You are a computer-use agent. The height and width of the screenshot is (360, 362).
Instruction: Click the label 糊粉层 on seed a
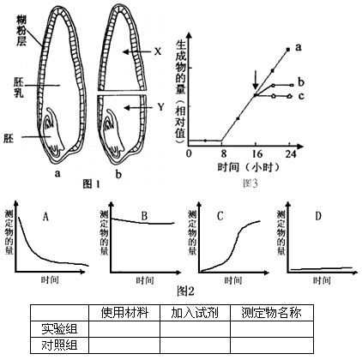[x=21, y=31]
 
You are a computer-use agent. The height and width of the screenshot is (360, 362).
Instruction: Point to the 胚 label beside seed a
[x=9, y=138]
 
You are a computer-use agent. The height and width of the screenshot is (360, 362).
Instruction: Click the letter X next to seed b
[x=158, y=51]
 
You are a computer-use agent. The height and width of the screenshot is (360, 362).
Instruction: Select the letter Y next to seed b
[x=161, y=107]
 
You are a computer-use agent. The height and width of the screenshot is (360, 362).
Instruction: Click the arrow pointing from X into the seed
[x=136, y=51]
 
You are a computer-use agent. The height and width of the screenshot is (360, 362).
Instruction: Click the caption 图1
[x=92, y=184]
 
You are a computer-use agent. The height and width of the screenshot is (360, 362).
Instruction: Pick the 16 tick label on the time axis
[x=257, y=154]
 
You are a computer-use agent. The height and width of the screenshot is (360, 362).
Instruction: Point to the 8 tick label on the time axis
[x=223, y=154]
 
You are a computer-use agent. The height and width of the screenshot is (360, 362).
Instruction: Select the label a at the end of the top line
[x=299, y=47]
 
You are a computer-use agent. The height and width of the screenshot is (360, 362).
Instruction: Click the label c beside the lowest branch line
[x=301, y=96]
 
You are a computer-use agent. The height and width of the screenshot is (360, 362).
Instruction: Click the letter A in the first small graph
[x=45, y=217]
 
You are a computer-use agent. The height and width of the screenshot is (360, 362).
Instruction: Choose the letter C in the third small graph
[x=220, y=216]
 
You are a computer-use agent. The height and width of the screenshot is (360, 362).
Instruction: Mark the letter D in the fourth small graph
[x=318, y=216]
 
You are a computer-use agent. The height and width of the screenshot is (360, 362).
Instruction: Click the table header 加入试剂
[x=195, y=313]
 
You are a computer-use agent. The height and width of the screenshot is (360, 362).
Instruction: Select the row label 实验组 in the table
[x=59, y=328]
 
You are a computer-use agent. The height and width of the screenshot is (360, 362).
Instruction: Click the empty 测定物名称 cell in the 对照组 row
[x=272, y=345]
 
